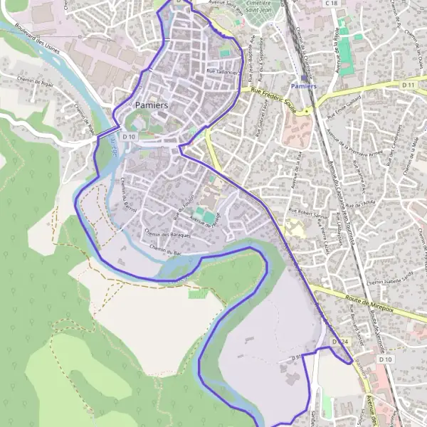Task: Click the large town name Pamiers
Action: tap(151, 105)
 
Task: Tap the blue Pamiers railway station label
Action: tap(303, 86)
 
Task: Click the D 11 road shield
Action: tap(408, 85)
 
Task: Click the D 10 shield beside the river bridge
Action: tap(129, 136)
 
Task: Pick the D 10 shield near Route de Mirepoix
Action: tap(386, 359)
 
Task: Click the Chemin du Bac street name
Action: tap(167, 248)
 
